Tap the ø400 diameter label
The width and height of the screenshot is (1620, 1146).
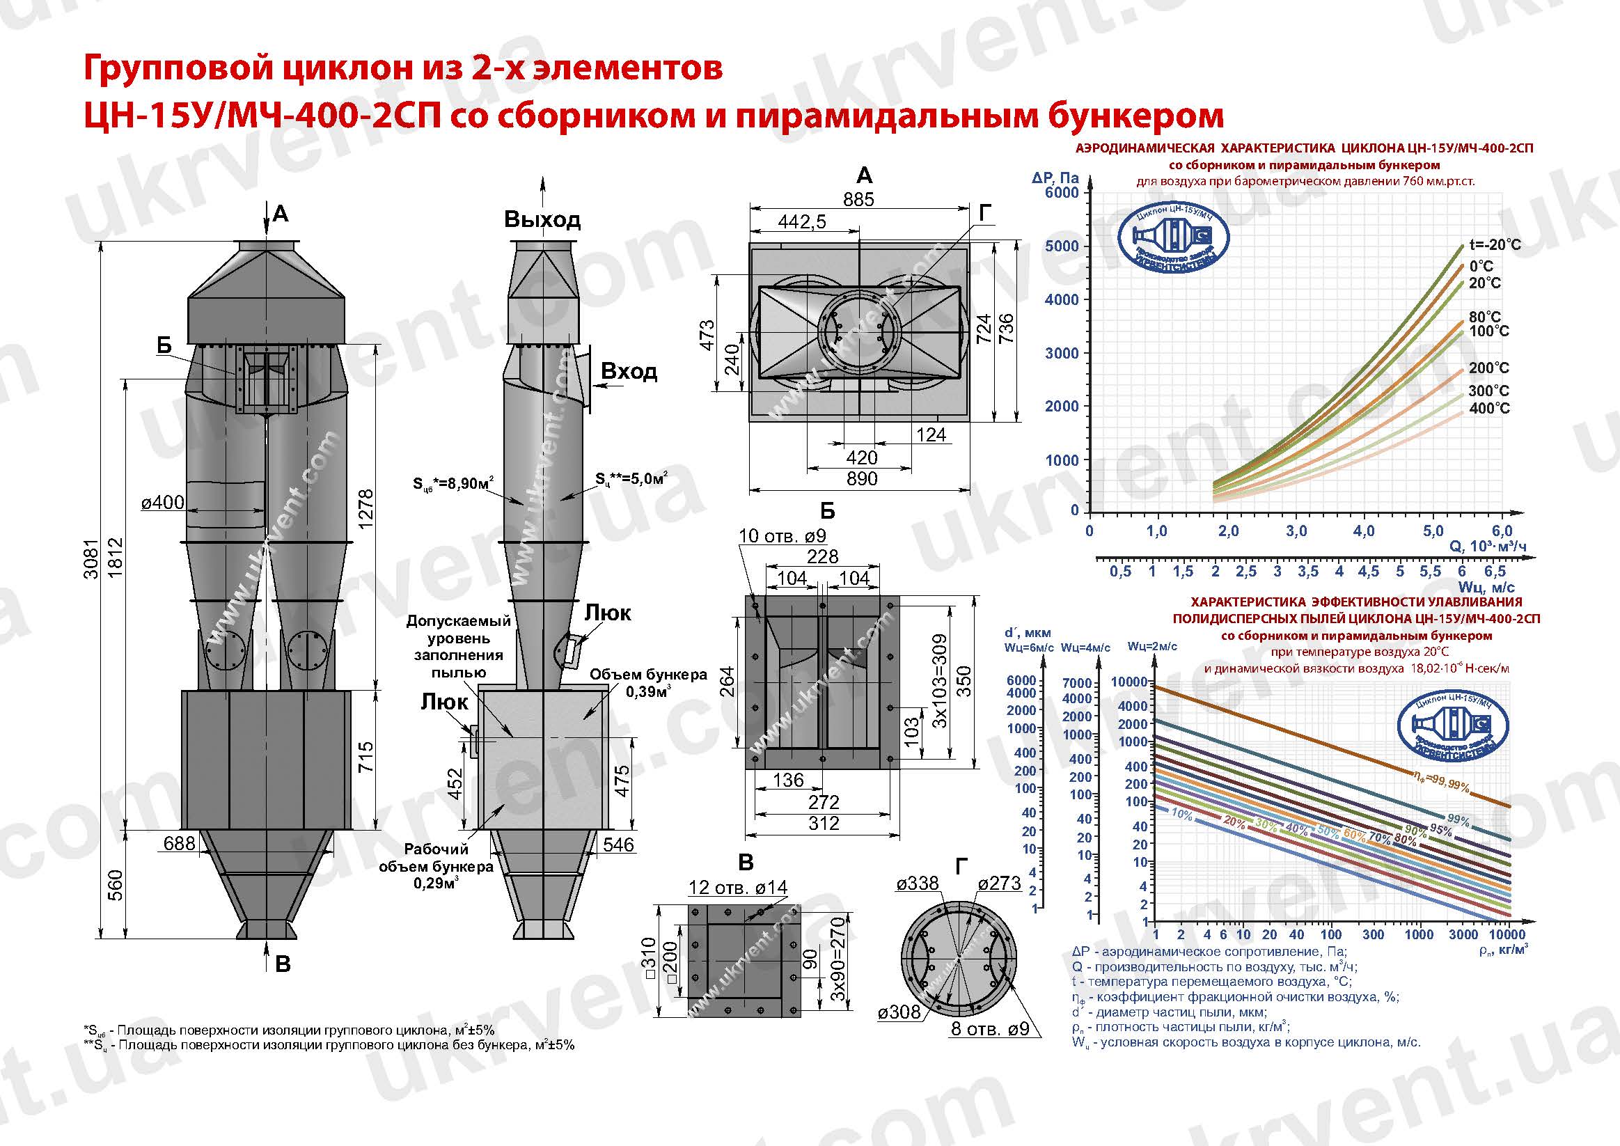click(x=162, y=503)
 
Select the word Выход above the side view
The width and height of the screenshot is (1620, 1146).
click(x=542, y=219)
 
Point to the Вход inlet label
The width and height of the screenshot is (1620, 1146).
click(x=629, y=371)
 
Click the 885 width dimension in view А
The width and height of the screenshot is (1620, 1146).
click(x=858, y=199)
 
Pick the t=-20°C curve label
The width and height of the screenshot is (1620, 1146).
click(x=1495, y=245)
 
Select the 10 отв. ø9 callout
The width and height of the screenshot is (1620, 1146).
click(x=782, y=536)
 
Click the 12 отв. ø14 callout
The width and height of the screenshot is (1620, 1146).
click(x=737, y=888)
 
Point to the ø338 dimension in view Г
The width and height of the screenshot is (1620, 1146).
click(x=918, y=883)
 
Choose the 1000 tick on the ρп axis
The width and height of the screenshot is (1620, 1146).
click(x=1419, y=934)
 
